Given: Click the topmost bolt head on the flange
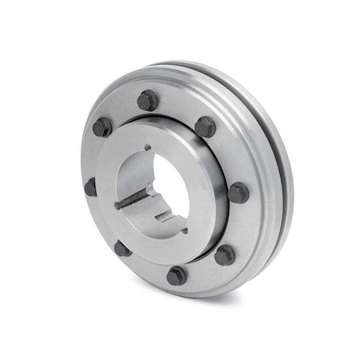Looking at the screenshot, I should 147,100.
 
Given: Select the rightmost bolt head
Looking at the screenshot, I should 238,192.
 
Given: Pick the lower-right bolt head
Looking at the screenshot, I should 225,254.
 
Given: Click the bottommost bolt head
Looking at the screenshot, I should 176,276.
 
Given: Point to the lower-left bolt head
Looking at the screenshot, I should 122,248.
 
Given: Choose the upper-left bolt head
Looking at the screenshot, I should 102,127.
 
